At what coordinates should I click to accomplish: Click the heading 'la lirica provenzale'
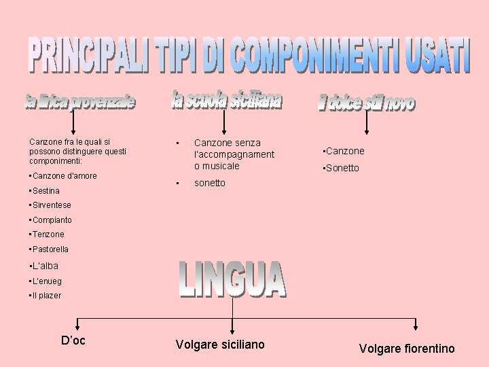(x=80, y=103)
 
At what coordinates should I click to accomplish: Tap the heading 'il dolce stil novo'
(x=366, y=103)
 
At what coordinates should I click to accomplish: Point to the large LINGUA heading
(x=232, y=279)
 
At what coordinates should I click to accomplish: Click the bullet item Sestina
(x=45, y=191)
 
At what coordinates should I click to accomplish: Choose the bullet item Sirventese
(x=51, y=205)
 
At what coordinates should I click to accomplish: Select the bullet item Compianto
(x=51, y=220)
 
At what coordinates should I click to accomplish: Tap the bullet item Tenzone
(x=48, y=234)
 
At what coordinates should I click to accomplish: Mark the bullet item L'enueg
(x=46, y=281)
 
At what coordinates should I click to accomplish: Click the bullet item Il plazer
(x=46, y=296)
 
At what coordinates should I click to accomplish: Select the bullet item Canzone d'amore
(x=64, y=176)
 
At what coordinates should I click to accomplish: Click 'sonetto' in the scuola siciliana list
(x=209, y=183)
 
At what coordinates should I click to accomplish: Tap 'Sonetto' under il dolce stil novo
(x=341, y=168)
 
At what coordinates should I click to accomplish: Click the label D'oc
(x=73, y=340)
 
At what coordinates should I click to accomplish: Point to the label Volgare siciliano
(x=220, y=345)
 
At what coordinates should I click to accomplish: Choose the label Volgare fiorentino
(x=407, y=349)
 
